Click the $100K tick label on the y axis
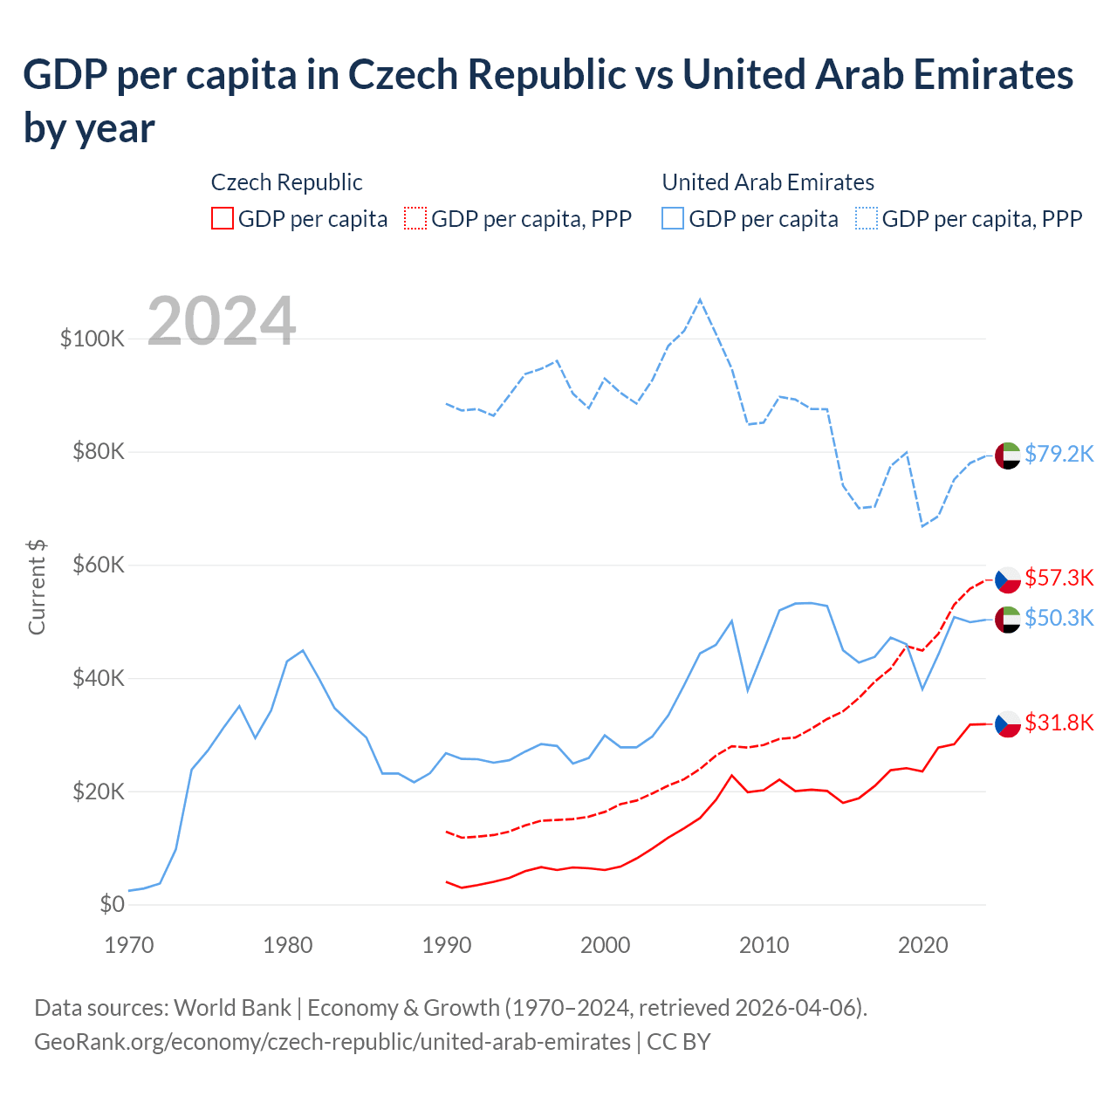tap(92, 339)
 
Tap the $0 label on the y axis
tap(112, 904)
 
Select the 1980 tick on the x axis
tap(288, 945)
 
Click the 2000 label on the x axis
tap(606, 945)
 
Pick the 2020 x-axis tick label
tap(923, 945)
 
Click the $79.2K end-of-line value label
tap(1059, 454)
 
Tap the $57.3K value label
tap(1059, 578)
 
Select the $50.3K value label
tap(1059, 618)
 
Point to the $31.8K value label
tap(1059, 723)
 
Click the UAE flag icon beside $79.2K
tap(1008, 456)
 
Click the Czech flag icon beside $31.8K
tap(1008, 723)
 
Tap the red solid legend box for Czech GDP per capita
tap(223, 218)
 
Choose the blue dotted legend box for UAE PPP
tap(867, 218)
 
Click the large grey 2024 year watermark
tap(222, 321)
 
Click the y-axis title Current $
tap(37, 586)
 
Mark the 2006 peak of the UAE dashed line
tap(700, 300)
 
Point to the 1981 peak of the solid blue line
tap(303, 650)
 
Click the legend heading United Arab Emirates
tap(768, 182)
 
